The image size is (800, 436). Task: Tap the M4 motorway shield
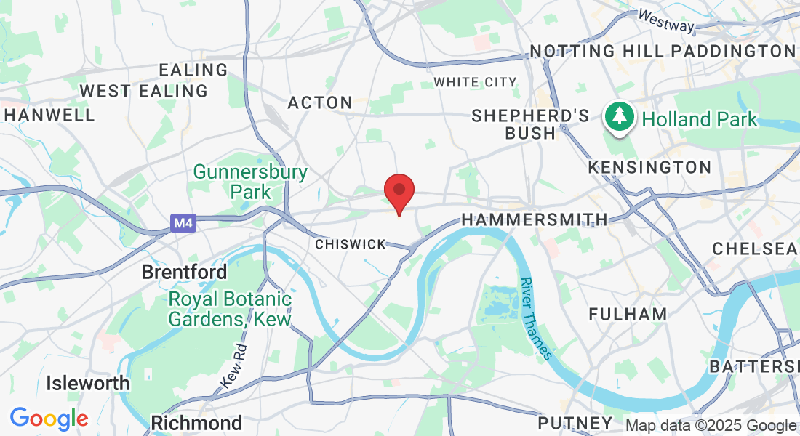click(x=183, y=223)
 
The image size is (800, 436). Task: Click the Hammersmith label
click(x=535, y=219)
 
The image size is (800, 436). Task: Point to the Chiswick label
click(x=350, y=245)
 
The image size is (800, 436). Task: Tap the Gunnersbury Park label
click(x=250, y=182)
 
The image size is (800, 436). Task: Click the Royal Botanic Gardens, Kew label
click(x=230, y=309)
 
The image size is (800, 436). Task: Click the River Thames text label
click(x=537, y=317)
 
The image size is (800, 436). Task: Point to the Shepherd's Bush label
click(x=530, y=124)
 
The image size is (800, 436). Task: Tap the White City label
click(x=475, y=82)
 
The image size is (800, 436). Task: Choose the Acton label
click(x=320, y=103)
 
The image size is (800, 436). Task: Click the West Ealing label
click(x=143, y=92)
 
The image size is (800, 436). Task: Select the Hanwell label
click(x=49, y=115)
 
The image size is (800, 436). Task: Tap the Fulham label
click(x=628, y=314)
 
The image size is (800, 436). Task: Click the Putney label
click(x=575, y=423)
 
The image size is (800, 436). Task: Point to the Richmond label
click(x=196, y=423)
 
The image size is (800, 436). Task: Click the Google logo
click(x=49, y=419)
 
